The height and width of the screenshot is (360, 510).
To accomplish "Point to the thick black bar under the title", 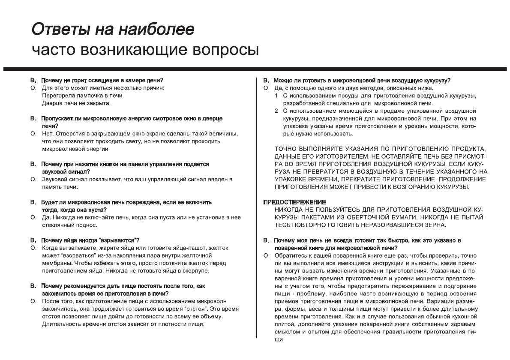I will (255, 69).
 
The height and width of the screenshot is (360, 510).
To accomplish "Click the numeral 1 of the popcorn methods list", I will (276, 95).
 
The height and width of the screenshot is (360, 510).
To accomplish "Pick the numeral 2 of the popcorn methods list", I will (276, 111).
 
